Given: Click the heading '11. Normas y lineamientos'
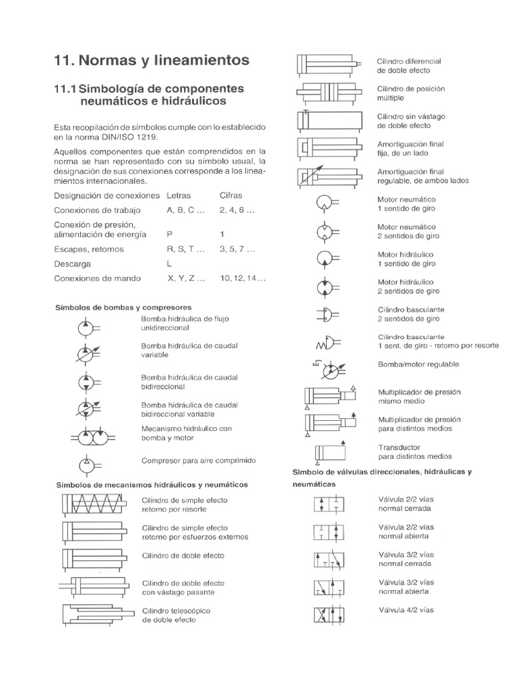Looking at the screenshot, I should [x=151, y=61].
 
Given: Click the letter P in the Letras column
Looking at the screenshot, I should [x=169, y=234].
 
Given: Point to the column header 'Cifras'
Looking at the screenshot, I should [x=231, y=195].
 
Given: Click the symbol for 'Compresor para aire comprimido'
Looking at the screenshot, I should [x=86, y=462].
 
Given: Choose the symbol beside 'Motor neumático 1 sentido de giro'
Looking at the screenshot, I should [x=325, y=203].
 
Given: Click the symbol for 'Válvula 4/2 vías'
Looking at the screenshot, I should [x=329, y=615].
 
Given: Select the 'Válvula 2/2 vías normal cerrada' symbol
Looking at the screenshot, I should [x=329, y=504].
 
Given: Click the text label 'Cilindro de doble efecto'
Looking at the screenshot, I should [x=183, y=555].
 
